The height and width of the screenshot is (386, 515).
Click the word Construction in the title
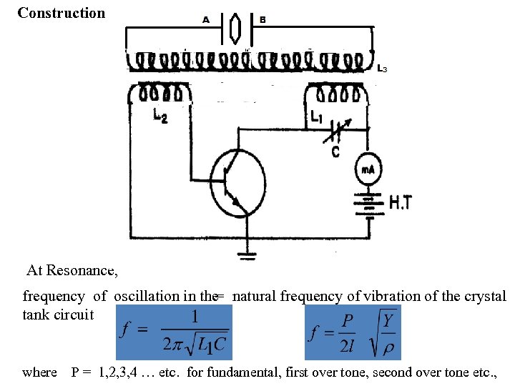click(x=61, y=13)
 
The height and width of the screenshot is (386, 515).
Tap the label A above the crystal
click(x=206, y=20)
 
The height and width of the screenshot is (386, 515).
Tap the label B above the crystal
click(x=263, y=20)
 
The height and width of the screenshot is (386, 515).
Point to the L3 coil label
click(x=383, y=69)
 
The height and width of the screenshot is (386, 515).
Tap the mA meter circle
click(x=368, y=169)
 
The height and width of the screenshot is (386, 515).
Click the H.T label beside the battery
click(x=401, y=204)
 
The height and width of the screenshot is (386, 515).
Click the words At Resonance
click(x=72, y=271)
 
